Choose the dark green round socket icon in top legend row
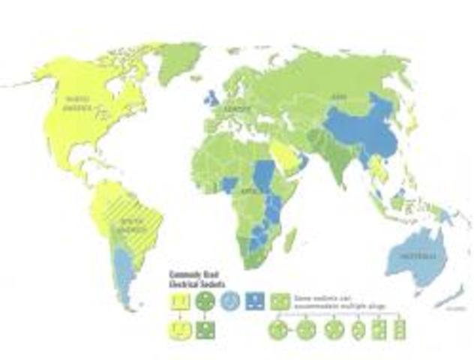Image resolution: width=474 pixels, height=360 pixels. [204, 300]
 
